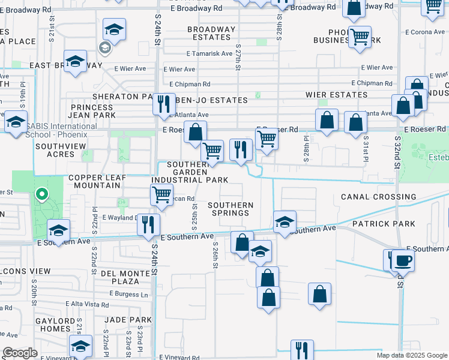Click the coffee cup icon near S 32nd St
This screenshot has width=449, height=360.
[404, 260]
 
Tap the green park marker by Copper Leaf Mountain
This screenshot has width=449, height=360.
[41, 194]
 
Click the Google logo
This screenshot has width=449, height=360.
[20, 353]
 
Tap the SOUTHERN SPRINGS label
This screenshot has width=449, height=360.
[231, 209]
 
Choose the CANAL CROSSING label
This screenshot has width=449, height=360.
[378, 197]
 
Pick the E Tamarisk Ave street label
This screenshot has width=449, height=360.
[209, 53]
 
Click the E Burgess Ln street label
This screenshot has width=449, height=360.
[128, 294]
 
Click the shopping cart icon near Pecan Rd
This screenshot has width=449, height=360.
[161, 194]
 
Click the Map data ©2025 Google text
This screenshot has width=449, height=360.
[411, 355]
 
